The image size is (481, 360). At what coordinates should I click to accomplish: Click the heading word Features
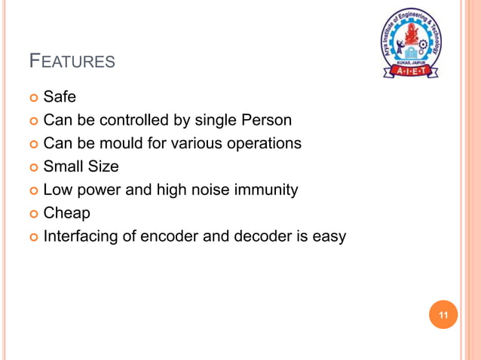click(72, 60)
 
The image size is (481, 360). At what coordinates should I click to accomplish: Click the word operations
click(265, 143)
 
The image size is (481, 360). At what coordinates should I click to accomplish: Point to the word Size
click(103, 166)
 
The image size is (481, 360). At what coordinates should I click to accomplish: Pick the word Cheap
click(66, 213)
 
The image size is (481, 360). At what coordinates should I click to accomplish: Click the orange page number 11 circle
click(443, 315)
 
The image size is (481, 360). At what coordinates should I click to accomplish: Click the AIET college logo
click(411, 44)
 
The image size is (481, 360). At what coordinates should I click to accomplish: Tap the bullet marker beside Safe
click(33, 97)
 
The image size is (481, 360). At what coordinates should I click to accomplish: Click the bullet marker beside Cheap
click(33, 214)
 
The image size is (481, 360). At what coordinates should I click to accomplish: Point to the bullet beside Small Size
click(33, 167)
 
